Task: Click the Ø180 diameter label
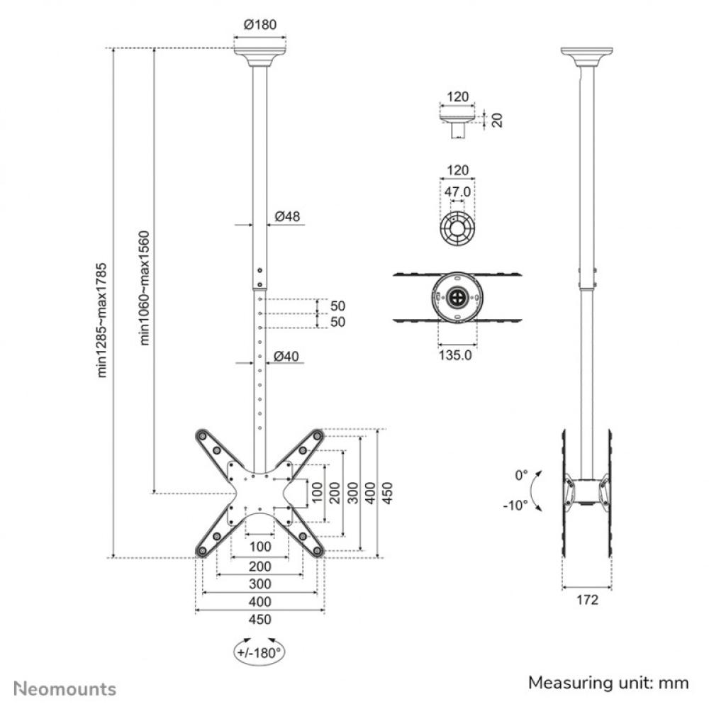tap(259, 24)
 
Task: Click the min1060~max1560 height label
tap(144, 288)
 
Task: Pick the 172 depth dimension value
tap(587, 600)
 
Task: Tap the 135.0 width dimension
tap(458, 355)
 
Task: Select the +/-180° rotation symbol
tap(259, 651)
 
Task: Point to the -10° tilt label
tap(516, 505)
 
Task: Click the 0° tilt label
tap(521, 474)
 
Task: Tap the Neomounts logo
tap(65, 688)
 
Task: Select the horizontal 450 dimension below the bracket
tap(260, 619)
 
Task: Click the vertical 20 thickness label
tap(497, 119)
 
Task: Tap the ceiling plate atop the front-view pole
tap(259, 55)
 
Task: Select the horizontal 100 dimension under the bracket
tap(260, 546)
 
